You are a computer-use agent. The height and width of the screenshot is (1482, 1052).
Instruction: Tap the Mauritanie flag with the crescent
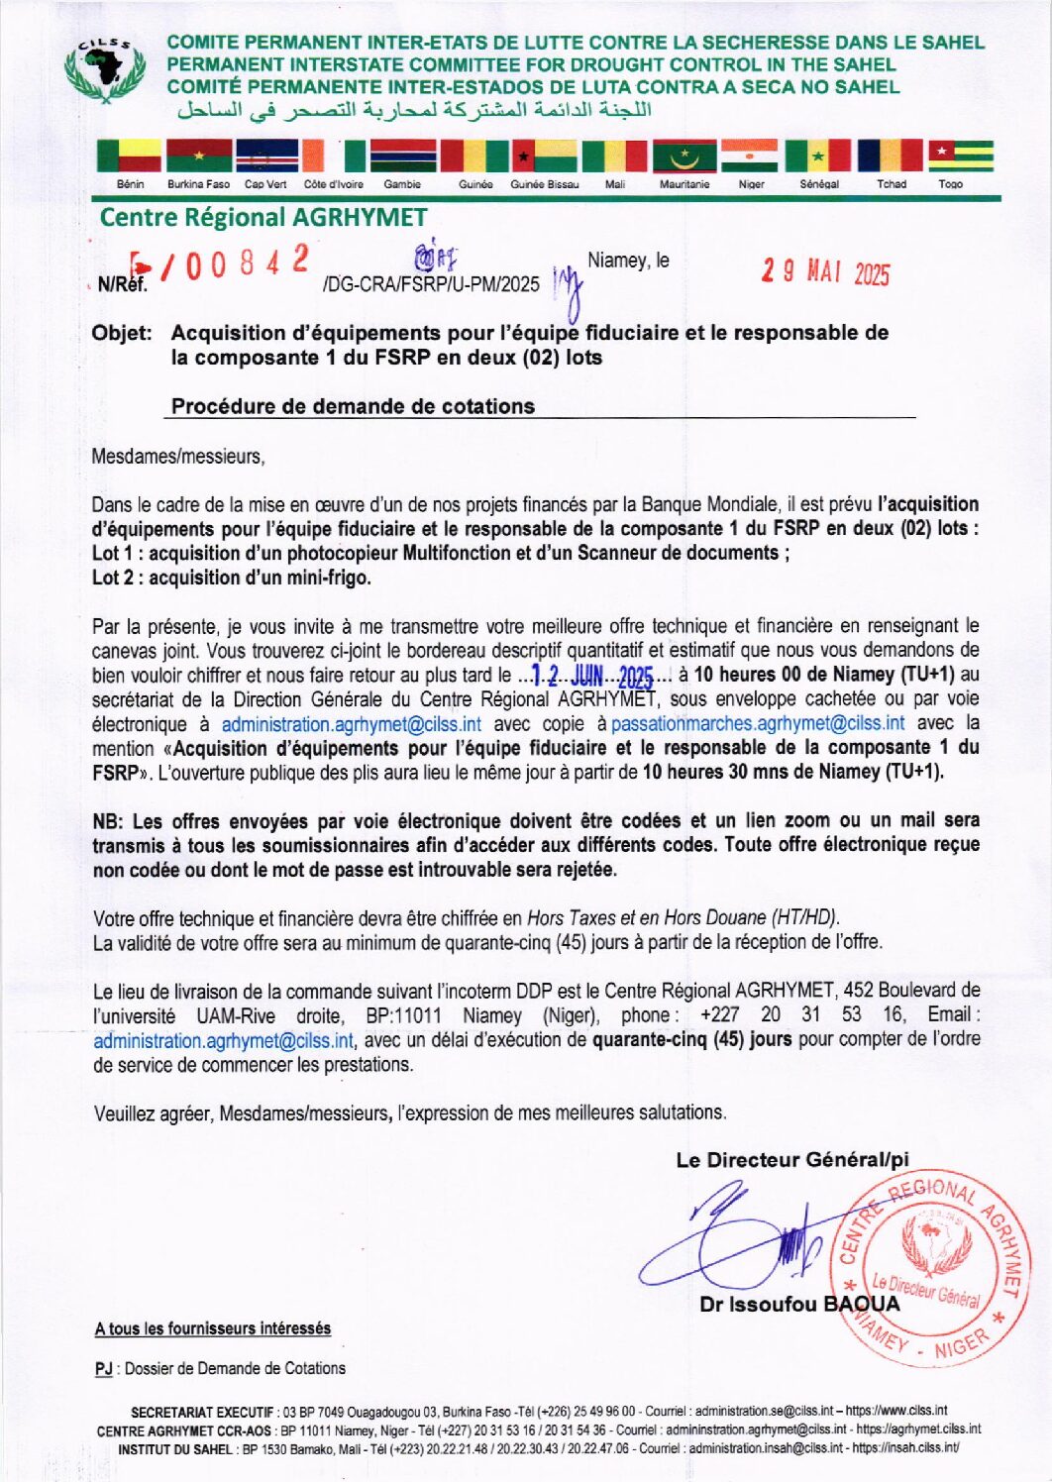[x=684, y=157]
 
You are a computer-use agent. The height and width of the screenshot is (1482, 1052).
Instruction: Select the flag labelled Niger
[x=750, y=157]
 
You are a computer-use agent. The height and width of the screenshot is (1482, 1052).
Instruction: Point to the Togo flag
[x=960, y=157]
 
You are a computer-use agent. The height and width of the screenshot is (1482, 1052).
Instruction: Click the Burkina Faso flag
[x=199, y=157]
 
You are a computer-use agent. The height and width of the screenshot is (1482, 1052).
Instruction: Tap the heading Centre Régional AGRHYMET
[x=263, y=218]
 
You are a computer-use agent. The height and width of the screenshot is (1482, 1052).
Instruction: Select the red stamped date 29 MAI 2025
[x=825, y=272]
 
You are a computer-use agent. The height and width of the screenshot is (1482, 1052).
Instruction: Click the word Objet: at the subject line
[x=122, y=333]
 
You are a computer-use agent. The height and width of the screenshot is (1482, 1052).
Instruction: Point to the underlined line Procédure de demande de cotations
[x=353, y=406]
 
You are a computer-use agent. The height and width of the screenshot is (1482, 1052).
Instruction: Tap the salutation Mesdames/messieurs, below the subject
[x=178, y=457]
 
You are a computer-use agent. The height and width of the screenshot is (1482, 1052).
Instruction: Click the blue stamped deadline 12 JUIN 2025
[x=592, y=677]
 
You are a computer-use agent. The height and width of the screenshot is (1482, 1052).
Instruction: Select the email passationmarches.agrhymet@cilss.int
[x=758, y=724]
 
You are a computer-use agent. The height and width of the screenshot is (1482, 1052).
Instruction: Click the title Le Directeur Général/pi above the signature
[x=792, y=1160]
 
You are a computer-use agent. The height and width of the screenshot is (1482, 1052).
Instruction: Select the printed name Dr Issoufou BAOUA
[x=799, y=1305]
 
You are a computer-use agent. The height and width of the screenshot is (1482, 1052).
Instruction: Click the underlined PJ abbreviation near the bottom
[x=103, y=1369]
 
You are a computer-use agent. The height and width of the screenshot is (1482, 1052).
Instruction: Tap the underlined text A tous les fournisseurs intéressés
[x=213, y=1328]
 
